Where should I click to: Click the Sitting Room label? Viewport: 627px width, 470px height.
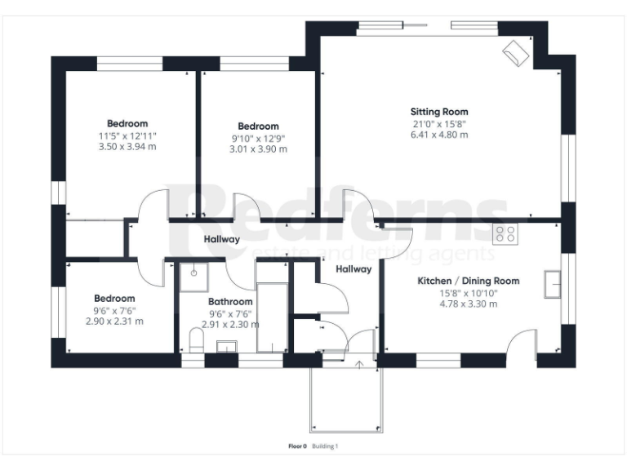[439, 112]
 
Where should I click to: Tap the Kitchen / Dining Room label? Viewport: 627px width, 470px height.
[469, 281]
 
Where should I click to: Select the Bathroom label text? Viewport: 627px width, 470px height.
[229, 300]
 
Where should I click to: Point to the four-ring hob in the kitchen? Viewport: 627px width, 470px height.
[505, 234]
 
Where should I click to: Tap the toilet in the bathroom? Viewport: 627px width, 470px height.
[195, 340]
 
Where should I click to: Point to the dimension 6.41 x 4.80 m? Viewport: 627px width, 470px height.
[439, 135]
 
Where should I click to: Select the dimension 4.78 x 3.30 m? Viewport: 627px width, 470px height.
[469, 304]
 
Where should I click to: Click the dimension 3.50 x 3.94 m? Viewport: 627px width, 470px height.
[127, 147]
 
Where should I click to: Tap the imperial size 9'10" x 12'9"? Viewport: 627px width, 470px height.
[258, 138]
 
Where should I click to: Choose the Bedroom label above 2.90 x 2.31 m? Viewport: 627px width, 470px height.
[114, 299]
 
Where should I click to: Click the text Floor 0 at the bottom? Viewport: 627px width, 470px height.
[297, 446]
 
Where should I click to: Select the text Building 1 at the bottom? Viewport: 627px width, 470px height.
[325, 446]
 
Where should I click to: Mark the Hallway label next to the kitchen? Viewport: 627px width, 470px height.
[354, 268]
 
